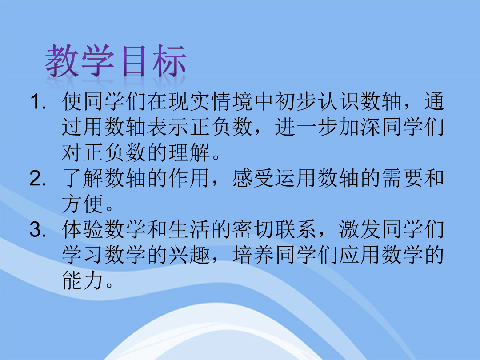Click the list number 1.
coord(38,102)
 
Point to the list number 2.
coord(38,178)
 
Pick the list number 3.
coord(38,229)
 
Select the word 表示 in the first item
coord(168,127)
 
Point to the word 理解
coord(189,152)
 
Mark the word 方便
coord(83,204)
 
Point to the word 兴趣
coord(189,255)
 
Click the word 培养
coord(253,255)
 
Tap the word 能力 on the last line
coord(83,280)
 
